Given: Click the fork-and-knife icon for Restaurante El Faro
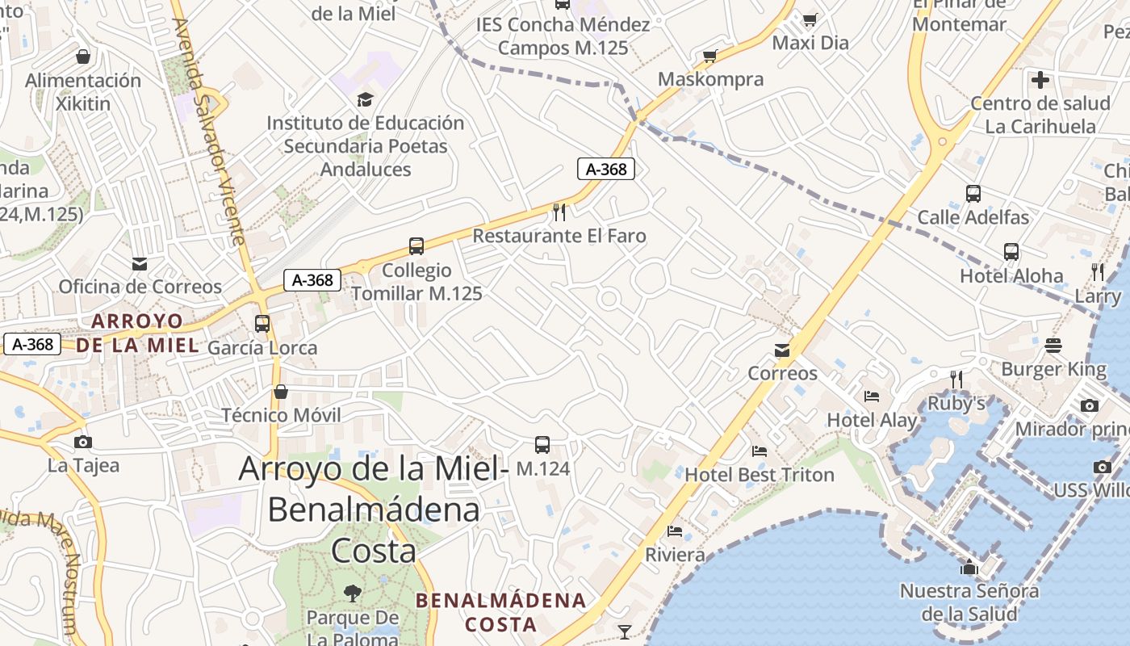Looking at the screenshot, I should [x=559, y=212].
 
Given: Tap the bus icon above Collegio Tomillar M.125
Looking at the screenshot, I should [x=416, y=246].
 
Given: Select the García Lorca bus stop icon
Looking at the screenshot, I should [x=262, y=324].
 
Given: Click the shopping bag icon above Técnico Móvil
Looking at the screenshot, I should [x=281, y=392].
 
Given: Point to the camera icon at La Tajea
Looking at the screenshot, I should [x=82, y=442].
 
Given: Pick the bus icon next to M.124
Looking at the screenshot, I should [x=542, y=445].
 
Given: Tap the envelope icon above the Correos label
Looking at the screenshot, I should [x=782, y=350].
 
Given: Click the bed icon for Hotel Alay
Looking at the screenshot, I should [x=872, y=396].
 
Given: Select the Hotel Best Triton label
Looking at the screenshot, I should [x=759, y=475].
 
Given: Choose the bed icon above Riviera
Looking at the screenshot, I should [x=675, y=531].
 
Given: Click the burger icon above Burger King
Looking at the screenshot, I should [x=1053, y=346].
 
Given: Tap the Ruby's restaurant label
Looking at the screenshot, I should [x=956, y=403].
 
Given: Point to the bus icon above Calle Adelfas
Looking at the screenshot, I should [x=973, y=194].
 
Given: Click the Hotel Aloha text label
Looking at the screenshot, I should [x=1011, y=276].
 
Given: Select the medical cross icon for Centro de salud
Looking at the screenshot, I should [x=1040, y=80].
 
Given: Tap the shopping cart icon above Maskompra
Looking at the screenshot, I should [x=710, y=56].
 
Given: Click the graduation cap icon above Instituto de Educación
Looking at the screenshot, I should [x=366, y=99].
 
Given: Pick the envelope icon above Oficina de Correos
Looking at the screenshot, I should [x=140, y=263].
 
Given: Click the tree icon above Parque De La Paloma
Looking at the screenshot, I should [x=352, y=594].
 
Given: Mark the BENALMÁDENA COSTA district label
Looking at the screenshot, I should [x=501, y=612].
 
